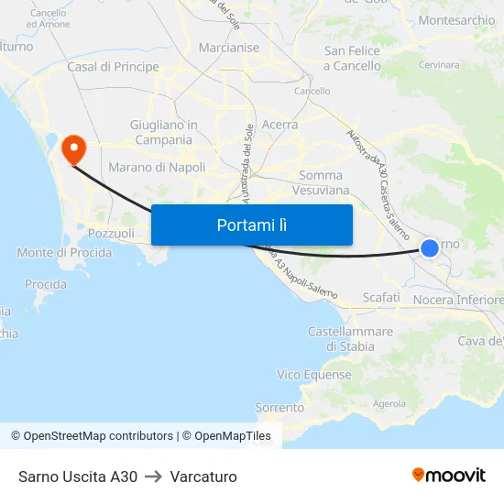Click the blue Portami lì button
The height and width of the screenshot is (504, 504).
(251, 225)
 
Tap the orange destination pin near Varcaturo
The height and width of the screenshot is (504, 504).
(71, 148)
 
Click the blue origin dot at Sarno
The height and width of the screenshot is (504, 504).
(429, 247)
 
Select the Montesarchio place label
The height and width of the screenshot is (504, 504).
(456, 20)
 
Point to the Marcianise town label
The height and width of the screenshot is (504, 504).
(229, 48)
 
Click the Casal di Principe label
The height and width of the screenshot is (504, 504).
(113, 67)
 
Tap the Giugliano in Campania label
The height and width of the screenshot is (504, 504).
(164, 132)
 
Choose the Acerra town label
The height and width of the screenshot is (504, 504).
(279, 125)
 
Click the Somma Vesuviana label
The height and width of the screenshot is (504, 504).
(320, 182)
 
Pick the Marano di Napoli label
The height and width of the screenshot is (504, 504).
(157, 168)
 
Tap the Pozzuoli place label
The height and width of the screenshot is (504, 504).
(111, 234)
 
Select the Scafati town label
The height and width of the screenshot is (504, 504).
(381, 298)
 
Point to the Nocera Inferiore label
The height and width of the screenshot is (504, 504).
(458, 301)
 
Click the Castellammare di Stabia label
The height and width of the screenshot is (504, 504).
(351, 339)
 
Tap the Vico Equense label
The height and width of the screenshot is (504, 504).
(314, 375)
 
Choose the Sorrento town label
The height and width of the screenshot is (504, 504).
(279, 407)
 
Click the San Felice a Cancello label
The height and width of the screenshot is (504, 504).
(352, 59)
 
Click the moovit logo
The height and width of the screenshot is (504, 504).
(449, 476)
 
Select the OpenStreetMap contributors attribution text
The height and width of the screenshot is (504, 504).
(98, 436)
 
